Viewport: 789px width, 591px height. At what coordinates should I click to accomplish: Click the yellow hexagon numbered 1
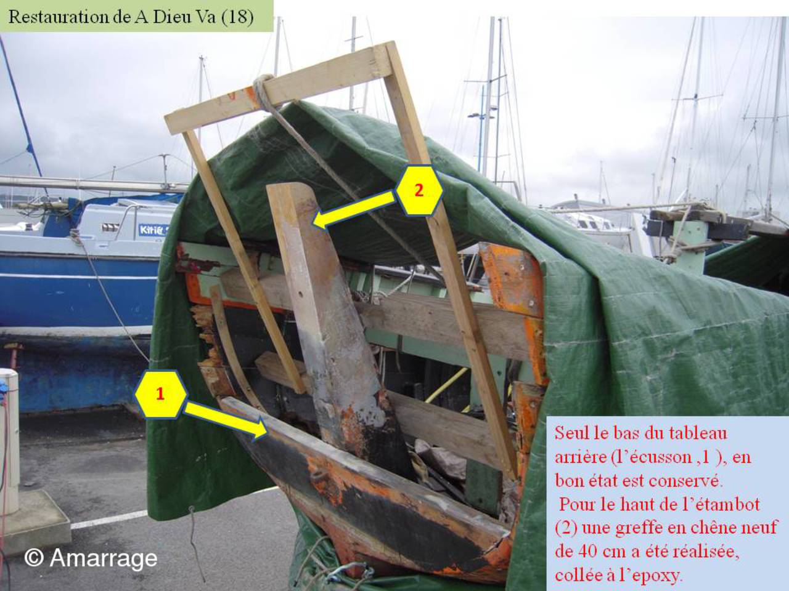click(x=161, y=395)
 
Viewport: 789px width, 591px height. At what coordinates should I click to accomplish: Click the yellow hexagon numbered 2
click(x=419, y=190)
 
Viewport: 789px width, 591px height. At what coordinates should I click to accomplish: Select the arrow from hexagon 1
click(x=226, y=420)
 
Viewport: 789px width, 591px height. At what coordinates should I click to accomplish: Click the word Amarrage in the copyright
click(x=104, y=558)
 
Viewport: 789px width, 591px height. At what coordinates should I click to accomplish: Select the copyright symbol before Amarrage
click(x=34, y=558)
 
